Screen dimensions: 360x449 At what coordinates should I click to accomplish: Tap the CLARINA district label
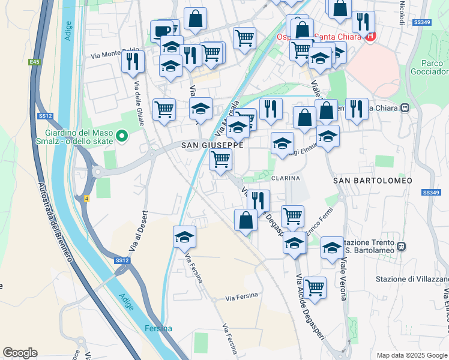285,178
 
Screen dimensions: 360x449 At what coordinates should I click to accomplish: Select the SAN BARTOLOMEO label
373,180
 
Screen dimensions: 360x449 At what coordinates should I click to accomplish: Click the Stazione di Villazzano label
412,279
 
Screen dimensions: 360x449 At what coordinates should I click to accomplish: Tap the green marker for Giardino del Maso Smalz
122,137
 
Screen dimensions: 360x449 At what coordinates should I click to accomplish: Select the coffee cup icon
161,30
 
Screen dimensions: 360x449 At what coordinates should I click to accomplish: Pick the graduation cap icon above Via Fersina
185,236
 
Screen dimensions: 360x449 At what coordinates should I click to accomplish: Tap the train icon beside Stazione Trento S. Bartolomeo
402,246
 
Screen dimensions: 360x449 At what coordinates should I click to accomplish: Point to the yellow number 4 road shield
86,199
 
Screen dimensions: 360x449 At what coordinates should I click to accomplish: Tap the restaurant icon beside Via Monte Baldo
132,60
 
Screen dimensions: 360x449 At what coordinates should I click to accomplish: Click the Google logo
20,353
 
